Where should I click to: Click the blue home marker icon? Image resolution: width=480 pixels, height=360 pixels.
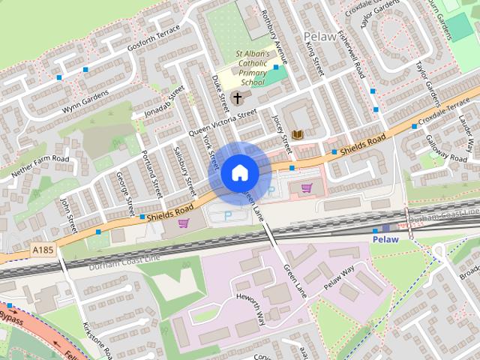[239, 173]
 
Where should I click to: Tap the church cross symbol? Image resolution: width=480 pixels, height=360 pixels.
[238, 98]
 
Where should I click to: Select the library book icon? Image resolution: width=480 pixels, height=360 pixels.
[297, 135]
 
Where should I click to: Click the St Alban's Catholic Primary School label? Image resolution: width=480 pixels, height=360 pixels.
[256, 69]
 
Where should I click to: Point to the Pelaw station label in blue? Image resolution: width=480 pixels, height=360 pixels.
[385, 239]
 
